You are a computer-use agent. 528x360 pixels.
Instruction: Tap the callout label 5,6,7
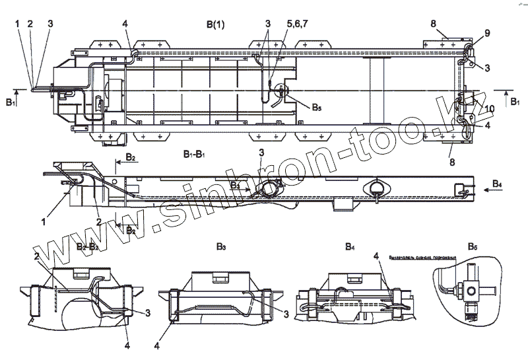278,24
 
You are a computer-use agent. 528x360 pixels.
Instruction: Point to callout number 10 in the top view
490,108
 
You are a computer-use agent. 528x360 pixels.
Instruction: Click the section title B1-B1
196,154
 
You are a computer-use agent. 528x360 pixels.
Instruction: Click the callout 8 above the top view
434,24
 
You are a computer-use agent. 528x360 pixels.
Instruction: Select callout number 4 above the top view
125,24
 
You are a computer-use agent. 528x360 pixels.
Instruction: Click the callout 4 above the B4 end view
375,255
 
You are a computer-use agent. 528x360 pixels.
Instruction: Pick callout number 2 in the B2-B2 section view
38,255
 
